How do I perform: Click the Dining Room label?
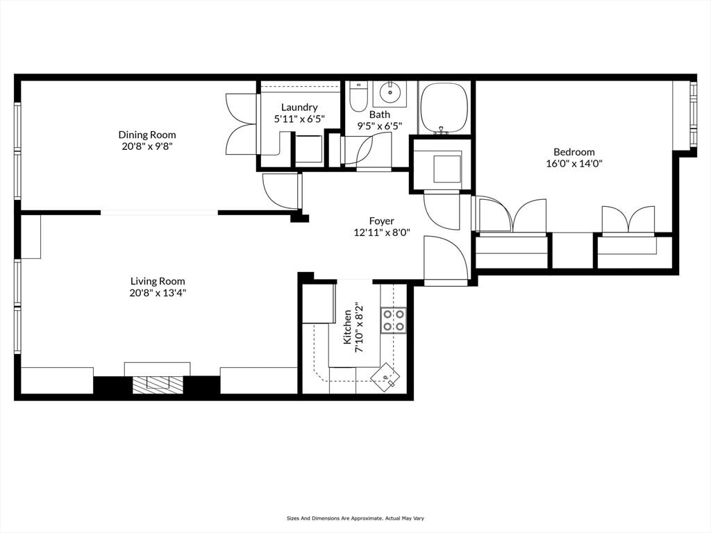pos(147,135)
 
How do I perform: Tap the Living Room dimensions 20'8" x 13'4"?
pos(158,293)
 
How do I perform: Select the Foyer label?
pos(381,221)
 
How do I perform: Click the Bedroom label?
pos(574,152)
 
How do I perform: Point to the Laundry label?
pos(299,107)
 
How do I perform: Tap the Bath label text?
pos(380,115)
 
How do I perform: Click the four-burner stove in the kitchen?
pos(392,320)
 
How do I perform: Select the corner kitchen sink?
pos(385,378)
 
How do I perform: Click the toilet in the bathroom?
pos(358,97)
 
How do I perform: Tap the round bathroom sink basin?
pos(390,91)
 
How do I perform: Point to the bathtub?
pos(444,108)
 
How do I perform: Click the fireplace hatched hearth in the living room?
pos(157,384)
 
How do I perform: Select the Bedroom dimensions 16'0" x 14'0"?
pos(574,164)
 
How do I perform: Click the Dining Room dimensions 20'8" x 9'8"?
pos(147,147)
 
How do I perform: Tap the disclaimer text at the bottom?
pos(355,518)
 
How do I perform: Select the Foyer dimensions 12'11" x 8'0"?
pos(381,234)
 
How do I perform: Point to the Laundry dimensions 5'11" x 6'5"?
pos(299,119)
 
